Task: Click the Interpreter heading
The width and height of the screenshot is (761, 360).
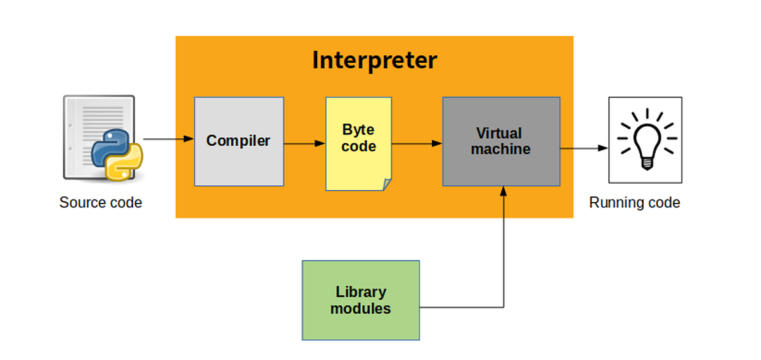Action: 374,60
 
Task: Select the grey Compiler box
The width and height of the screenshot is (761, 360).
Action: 238,141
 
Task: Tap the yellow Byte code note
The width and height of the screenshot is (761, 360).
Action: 358,143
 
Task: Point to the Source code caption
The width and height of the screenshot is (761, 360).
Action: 100,203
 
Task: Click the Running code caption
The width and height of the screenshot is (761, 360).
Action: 634,203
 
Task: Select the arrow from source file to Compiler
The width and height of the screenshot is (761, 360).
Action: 168,139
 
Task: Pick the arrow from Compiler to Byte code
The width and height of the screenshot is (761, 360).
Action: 304,144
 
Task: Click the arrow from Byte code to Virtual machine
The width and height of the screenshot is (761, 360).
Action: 417,144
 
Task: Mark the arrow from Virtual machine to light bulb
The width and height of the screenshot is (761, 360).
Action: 583,149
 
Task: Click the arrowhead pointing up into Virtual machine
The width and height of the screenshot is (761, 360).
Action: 504,190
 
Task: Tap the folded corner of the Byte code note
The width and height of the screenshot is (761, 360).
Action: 386,184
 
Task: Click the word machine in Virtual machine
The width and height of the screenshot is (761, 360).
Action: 500,150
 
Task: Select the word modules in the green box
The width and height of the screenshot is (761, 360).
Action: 360,309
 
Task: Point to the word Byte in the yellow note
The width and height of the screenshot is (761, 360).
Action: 358,130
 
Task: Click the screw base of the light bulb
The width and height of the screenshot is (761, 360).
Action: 646,163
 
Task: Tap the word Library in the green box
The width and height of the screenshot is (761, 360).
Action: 360,292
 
